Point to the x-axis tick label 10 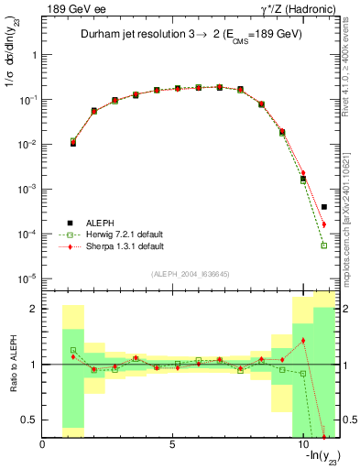302,446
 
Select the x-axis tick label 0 43,446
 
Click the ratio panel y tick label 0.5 28,420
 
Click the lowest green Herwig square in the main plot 324,245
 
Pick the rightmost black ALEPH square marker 324,207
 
